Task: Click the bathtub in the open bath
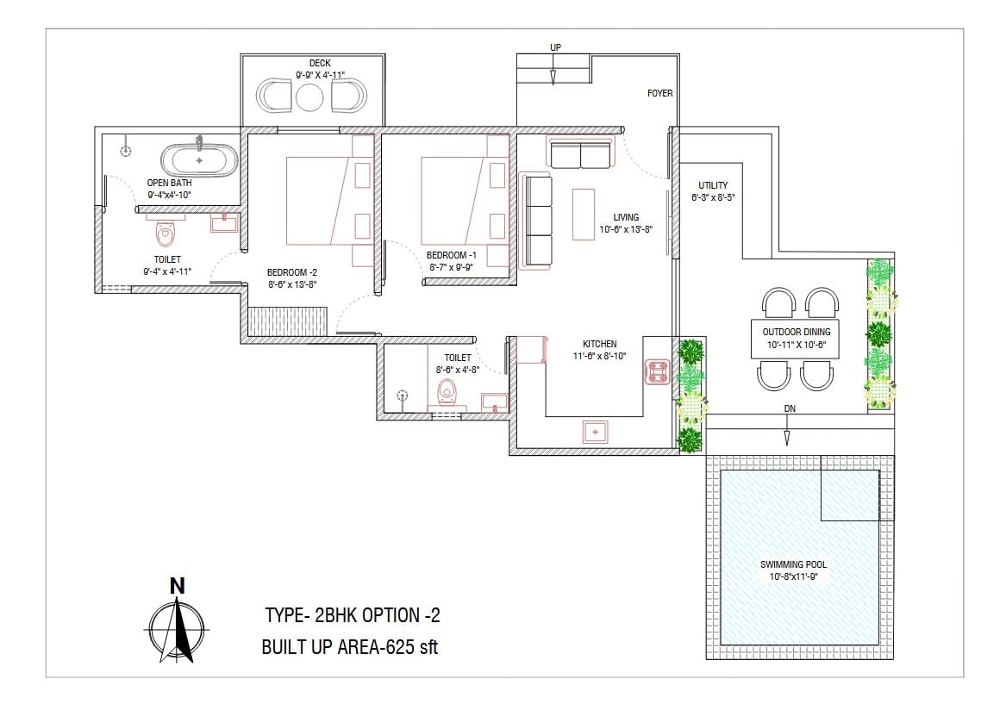199,160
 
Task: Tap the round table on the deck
310,97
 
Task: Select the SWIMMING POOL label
793,564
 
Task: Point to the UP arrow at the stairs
553,69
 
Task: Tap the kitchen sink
596,433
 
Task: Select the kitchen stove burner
657,372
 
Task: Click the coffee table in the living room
584,215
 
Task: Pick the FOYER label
659,93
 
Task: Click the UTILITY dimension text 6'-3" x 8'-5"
713,197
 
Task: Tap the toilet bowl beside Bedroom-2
166,234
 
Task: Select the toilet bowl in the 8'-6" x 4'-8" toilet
447,391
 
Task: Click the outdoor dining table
796,339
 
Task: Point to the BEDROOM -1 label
451,255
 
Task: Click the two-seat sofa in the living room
581,154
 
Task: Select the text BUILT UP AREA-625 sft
350,647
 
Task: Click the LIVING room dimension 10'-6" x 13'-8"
626,229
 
